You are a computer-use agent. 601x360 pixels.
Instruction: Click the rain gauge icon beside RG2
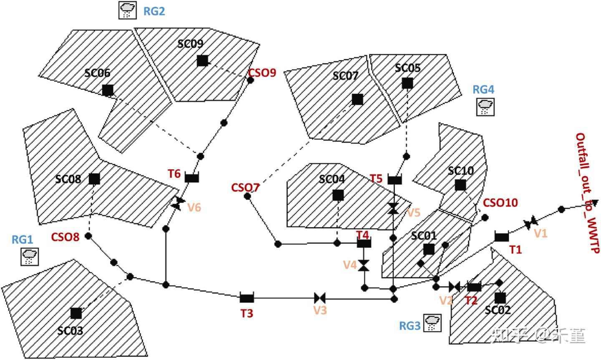[x=127, y=10]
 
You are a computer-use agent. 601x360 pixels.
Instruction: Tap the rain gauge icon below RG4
[x=485, y=107]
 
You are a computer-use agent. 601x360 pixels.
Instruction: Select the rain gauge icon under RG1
[x=30, y=257]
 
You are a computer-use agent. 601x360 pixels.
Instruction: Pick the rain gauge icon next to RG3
[x=432, y=323]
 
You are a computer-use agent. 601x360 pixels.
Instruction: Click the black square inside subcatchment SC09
[x=202, y=60]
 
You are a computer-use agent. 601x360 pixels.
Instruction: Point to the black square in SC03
[x=76, y=313]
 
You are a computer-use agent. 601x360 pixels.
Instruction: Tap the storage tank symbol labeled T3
[x=247, y=297]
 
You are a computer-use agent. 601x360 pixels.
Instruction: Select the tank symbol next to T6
[x=192, y=178]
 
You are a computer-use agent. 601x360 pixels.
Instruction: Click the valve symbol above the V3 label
[x=320, y=298]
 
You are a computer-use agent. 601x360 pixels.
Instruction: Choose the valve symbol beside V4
[x=364, y=265]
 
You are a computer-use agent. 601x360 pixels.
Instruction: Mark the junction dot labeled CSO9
[x=250, y=80]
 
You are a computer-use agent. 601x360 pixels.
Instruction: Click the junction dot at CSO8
[x=88, y=236]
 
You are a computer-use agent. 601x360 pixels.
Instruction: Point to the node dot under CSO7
[x=247, y=196]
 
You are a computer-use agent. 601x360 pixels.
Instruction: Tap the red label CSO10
[x=500, y=203]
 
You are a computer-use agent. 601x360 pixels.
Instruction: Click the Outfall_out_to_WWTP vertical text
[x=588, y=193]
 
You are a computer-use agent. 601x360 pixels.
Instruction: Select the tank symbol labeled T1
[x=502, y=237]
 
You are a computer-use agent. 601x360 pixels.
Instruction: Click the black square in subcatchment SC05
[x=407, y=83]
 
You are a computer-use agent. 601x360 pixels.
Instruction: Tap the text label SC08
[x=68, y=179]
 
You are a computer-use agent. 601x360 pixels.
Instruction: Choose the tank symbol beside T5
[x=395, y=180]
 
